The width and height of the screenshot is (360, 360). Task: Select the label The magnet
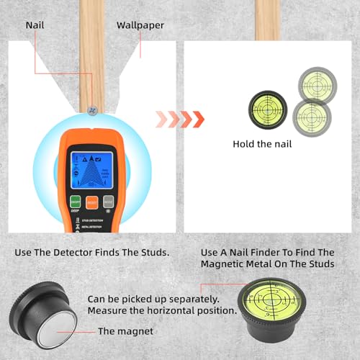point(126,331)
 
